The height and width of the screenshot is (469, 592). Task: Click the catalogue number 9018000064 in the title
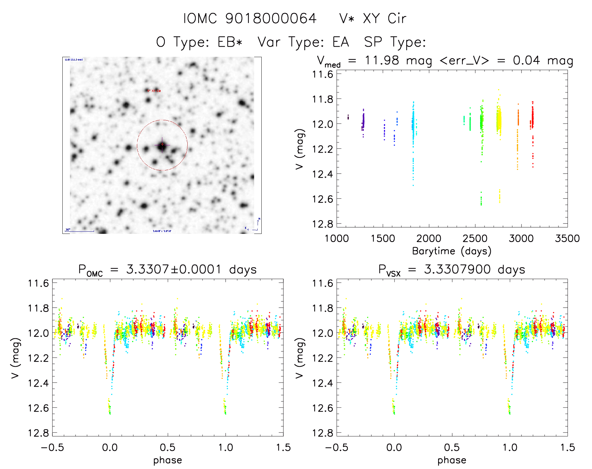tap(271, 19)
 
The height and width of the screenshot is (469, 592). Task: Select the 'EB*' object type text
tap(230, 42)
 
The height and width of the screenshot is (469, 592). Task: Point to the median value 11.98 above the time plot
tap(382, 60)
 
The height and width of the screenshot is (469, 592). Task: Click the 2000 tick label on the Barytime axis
tap(429, 239)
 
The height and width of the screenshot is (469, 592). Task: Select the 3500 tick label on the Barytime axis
tap(567, 239)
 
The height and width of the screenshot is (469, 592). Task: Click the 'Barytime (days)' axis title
tap(452, 251)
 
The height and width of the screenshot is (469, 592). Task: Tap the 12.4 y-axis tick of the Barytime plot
tap(322, 174)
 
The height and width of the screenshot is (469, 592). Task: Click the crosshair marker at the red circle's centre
tap(162, 145)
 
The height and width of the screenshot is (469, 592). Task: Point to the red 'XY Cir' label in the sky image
tap(154, 91)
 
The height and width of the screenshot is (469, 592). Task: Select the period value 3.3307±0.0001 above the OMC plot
tap(174, 270)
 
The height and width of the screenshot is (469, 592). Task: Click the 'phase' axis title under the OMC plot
tap(168, 460)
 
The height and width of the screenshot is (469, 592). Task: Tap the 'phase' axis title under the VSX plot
tap(452, 460)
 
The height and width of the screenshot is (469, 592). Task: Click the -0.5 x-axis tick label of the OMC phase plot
tap(52, 448)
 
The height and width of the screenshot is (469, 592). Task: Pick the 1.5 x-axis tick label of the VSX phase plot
tap(567, 448)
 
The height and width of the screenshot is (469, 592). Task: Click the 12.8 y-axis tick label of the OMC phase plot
tap(39, 433)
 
